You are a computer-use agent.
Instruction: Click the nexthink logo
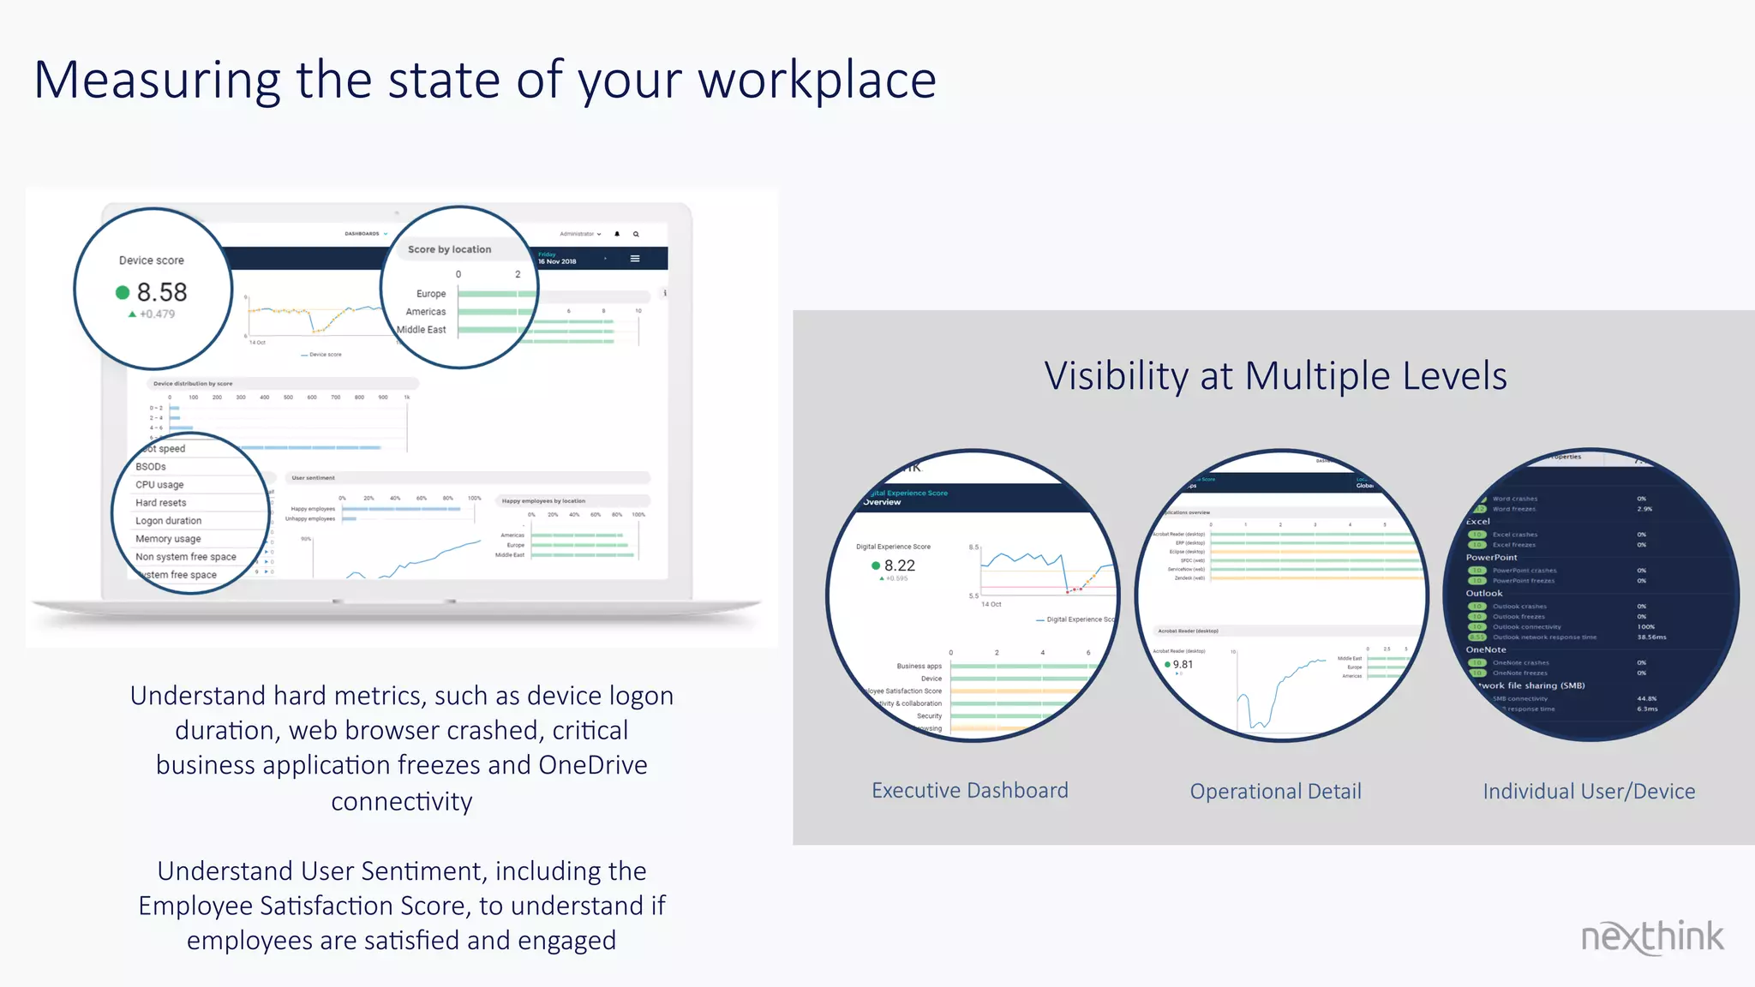tap(1651, 937)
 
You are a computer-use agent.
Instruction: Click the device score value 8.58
tap(162, 292)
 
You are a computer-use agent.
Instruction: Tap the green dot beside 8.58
tap(123, 293)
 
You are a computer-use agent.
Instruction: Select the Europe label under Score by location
tap(431, 294)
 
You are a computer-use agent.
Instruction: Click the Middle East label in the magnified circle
tap(422, 330)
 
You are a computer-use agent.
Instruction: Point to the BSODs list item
tap(151, 467)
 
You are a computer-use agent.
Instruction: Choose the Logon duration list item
tap(169, 521)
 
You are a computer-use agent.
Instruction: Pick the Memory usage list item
tap(168, 539)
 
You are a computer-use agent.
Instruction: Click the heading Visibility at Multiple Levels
tap(1275, 376)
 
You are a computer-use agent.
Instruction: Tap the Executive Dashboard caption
tap(970, 790)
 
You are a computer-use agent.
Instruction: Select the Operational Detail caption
tap(1275, 792)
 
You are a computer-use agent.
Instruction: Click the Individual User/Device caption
tap(1589, 792)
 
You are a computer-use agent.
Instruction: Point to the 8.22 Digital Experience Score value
tap(900, 565)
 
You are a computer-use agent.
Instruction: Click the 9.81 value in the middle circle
tap(1183, 665)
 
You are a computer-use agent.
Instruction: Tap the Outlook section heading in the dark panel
tap(1484, 594)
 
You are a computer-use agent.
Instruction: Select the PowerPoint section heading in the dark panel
tap(1492, 558)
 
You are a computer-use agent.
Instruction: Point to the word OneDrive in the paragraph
tap(592, 765)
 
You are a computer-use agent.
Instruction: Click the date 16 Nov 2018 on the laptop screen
tap(558, 262)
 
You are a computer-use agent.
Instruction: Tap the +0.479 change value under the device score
tap(158, 314)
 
